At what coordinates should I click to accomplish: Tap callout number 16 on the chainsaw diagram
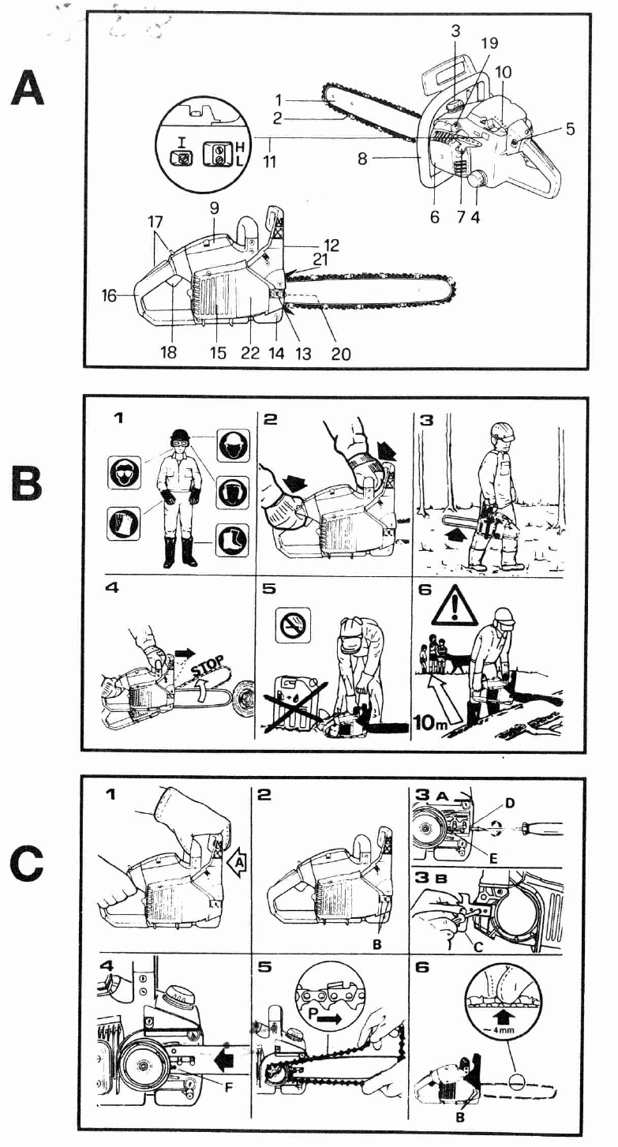pyautogui.click(x=110, y=296)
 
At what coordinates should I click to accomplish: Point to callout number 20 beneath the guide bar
pyautogui.click(x=340, y=354)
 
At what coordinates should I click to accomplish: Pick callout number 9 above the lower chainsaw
pyautogui.click(x=215, y=210)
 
